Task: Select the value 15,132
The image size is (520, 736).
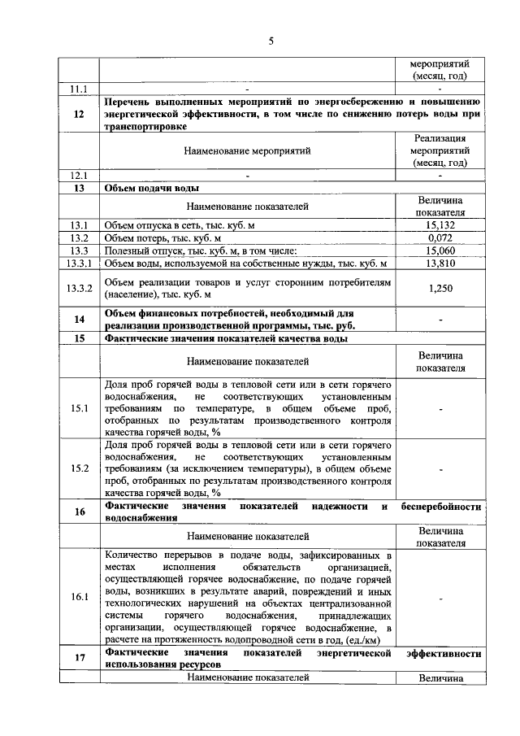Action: click(440, 224)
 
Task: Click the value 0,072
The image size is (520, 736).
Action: click(440, 237)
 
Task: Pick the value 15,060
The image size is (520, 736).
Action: click(440, 250)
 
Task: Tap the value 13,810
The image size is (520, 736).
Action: click(440, 263)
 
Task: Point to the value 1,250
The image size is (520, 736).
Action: click(440, 288)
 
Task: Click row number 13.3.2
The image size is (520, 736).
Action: click(79, 288)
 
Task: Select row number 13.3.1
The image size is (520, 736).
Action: click(79, 263)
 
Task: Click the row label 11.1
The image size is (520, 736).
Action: click(79, 88)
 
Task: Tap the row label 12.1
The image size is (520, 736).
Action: click(79, 175)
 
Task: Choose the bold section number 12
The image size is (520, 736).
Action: click(79, 115)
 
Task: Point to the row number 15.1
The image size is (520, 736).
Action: click(79, 408)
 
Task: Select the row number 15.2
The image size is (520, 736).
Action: click(79, 468)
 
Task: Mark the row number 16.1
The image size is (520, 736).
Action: click(79, 597)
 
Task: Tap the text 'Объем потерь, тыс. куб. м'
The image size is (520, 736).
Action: click(163, 237)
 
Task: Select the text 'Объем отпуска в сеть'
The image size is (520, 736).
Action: click(154, 224)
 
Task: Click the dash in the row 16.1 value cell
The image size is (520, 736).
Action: click(440, 598)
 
